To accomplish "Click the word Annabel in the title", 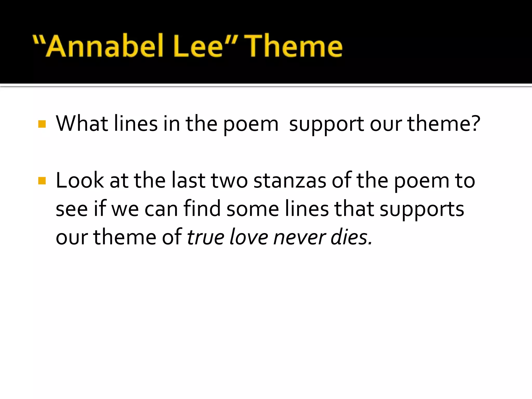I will coord(105,46).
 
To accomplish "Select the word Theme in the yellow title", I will coord(294,46).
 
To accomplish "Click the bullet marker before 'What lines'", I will coord(42,124).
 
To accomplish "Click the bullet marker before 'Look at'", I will coord(42,181).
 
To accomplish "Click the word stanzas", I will coord(290,181).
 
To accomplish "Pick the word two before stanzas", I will coord(229,181).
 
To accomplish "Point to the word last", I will coord(188,181).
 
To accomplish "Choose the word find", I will coord(202,209).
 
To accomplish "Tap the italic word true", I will coord(205,237).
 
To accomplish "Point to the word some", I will coord(252,209).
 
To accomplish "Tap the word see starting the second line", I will coord(72,209).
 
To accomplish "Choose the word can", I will coord(161,209).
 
